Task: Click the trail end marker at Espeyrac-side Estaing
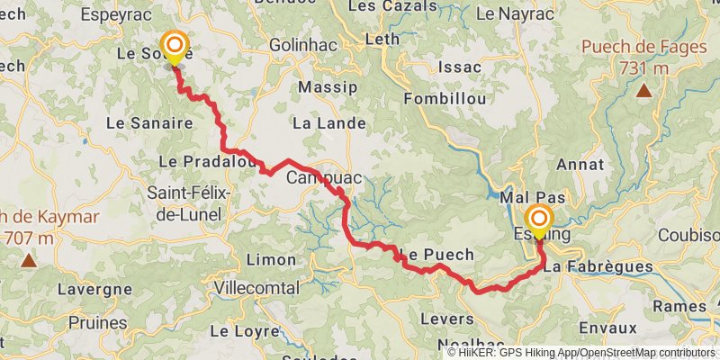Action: (539, 221)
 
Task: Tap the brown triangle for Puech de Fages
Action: (644, 90)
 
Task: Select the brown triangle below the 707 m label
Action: (29, 261)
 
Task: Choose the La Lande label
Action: (329, 122)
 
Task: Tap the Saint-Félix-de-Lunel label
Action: (189, 203)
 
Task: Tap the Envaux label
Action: (608, 328)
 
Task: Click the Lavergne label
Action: (94, 290)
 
